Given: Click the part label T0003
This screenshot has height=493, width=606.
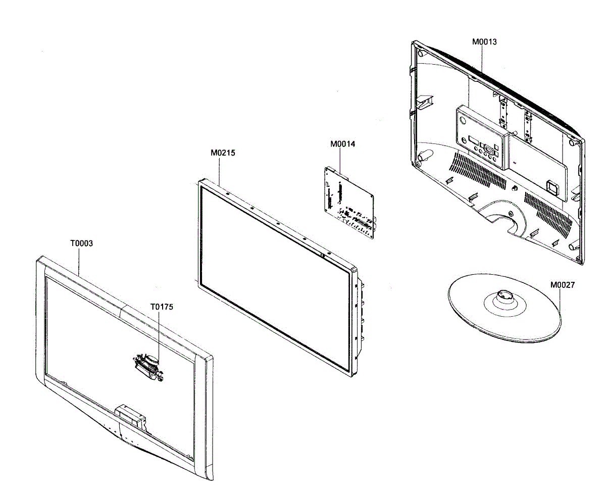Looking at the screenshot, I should [x=81, y=243].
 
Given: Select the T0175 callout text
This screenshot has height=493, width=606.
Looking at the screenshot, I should [x=162, y=307].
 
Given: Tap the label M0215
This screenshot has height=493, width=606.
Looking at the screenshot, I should [x=223, y=153].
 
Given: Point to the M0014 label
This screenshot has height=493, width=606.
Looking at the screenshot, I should [x=342, y=144].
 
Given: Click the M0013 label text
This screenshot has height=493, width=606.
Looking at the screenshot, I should [x=484, y=42].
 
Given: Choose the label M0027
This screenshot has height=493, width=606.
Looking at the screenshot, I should [x=563, y=285].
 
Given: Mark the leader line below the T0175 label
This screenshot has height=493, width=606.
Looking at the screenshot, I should [x=159, y=333].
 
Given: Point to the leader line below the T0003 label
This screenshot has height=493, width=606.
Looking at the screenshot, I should [x=80, y=260].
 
